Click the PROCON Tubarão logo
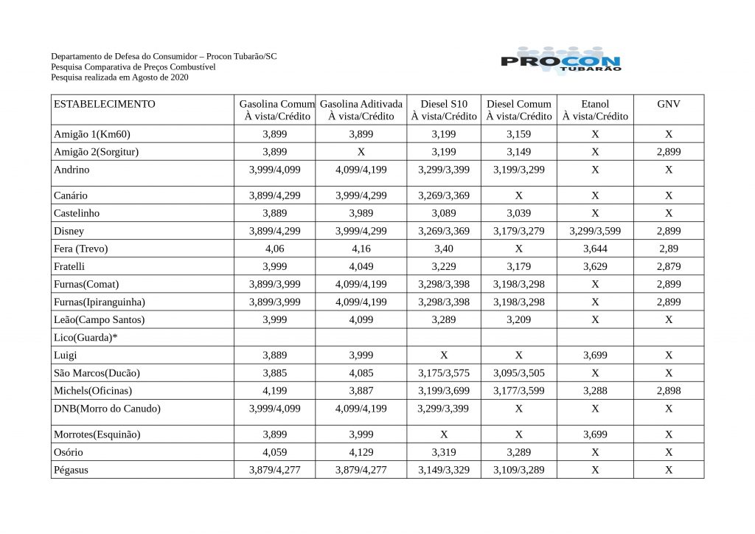coord(560,60)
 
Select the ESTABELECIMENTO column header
coord(105,104)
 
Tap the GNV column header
coord(668,104)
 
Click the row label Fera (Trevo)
coord(81,249)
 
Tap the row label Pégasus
coord(72,470)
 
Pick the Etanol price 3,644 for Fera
coord(595,249)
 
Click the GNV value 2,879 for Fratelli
coord(668,266)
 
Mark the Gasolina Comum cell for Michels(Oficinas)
coord(275,390)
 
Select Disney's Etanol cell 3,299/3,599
coord(595,231)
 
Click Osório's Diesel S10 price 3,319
coord(443,452)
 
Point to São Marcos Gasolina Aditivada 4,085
coord(361,372)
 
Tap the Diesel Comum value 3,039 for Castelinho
coord(518,213)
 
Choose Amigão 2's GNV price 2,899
coord(668,152)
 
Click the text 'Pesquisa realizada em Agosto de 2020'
coord(120,77)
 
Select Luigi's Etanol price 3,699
coord(595,355)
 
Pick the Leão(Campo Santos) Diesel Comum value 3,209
coord(518,319)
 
